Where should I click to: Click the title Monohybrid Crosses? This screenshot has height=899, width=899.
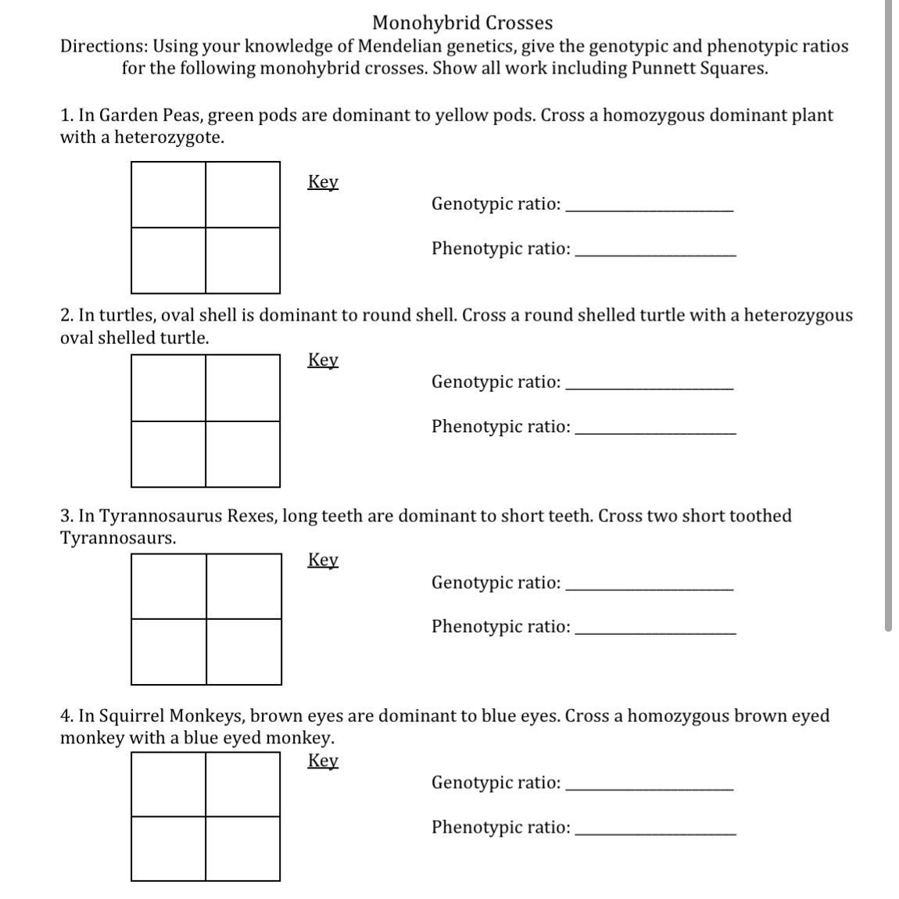[462, 23]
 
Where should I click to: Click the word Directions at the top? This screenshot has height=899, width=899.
[104, 46]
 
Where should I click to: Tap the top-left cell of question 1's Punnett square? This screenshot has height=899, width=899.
[168, 195]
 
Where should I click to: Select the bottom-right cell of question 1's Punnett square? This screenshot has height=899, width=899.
[242, 260]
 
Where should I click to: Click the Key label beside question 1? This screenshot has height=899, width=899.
[323, 182]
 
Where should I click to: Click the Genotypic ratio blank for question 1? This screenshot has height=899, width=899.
[649, 206]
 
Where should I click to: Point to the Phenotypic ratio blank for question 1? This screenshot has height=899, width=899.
[655, 250]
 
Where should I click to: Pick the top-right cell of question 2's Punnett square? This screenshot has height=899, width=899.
[242, 388]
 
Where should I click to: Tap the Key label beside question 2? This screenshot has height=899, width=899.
[323, 360]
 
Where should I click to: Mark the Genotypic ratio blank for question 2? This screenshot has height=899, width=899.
[649, 384]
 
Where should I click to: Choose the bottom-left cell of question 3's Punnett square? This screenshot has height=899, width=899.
[169, 651]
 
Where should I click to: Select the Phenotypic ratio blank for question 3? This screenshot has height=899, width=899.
[655, 629]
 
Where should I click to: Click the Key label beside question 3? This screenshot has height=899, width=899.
[323, 561]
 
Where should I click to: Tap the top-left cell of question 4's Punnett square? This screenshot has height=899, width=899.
[168, 784]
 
